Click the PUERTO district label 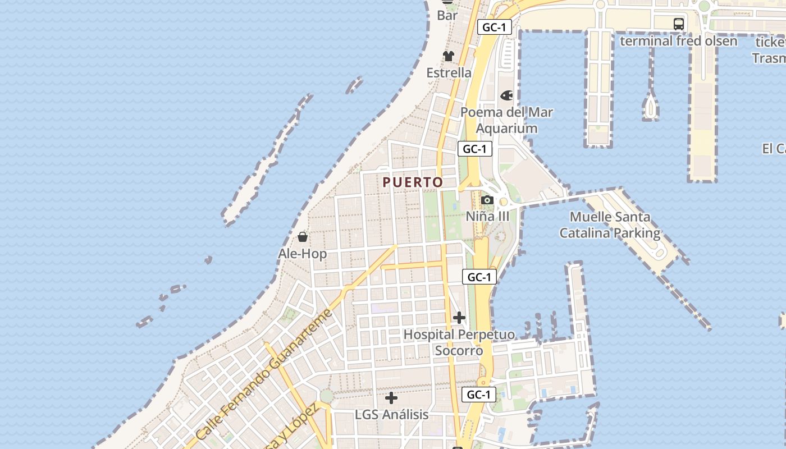point(413,182)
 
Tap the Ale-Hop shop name point(302,254)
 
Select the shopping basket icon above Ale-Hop point(303,236)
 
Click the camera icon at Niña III point(487,200)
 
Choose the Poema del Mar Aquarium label point(506,120)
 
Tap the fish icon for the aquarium point(506,95)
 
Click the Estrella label point(449,72)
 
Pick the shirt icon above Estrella point(448,56)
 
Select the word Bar point(447,16)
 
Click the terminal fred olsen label point(678,41)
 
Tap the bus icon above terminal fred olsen point(678,24)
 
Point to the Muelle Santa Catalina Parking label point(610,224)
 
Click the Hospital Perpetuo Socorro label point(459,342)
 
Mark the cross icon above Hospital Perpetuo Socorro point(459,318)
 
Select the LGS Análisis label point(391,415)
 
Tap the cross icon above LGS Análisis point(391,398)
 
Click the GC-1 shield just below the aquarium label point(475,149)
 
